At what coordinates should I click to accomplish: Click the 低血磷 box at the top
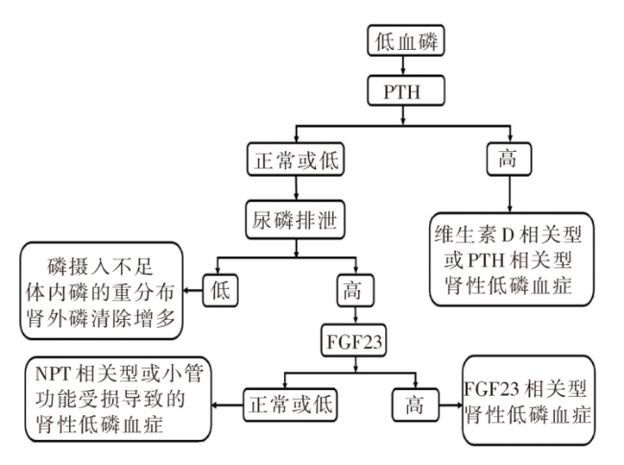(x=405, y=40)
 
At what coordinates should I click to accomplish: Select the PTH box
(x=405, y=90)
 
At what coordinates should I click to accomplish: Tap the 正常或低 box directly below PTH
(x=296, y=159)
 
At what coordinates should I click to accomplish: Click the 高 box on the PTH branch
(x=509, y=159)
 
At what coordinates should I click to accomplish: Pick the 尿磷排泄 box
(x=296, y=220)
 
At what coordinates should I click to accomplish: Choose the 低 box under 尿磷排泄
(x=221, y=290)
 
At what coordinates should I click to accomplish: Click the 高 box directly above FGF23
(x=355, y=290)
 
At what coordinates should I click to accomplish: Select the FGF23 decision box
(x=354, y=341)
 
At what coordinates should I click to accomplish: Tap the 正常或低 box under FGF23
(x=291, y=404)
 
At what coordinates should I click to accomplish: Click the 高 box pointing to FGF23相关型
(x=416, y=404)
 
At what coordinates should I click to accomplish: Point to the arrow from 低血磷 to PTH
(x=403, y=65)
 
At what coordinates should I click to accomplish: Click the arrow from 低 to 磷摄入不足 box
(x=193, y=290)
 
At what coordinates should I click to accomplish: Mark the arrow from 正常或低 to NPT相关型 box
(x=228, y=405)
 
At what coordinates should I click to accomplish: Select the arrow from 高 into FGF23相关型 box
(x=450, y=405)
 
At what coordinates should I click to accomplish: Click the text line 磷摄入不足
(x=101, y=266)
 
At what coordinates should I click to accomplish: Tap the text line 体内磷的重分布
(x=100, y=293)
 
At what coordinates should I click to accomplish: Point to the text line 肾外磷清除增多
(x=101, y=319)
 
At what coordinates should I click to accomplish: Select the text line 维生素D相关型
(x=508, y=234)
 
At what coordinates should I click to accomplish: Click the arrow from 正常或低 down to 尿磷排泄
(x=296, y=188)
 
